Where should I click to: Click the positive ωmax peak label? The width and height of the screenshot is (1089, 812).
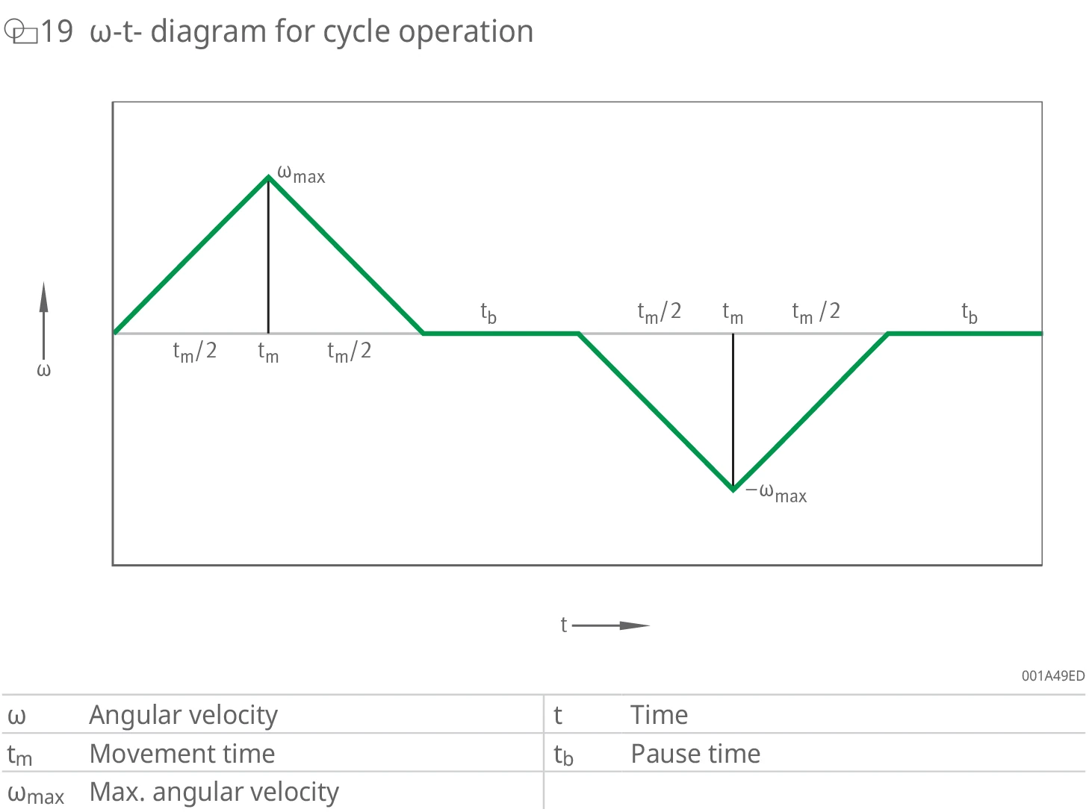(x=301, y=174)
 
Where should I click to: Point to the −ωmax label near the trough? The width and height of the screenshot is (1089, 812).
(x=776, y=493)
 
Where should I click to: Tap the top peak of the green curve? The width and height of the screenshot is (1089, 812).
(x=268, y=176)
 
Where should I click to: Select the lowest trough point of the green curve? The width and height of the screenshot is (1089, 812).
(x=733, y=490)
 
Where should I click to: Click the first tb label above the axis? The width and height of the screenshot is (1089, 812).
(x=488, y=313)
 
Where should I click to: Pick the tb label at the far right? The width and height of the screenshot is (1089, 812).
(x=969, y=313)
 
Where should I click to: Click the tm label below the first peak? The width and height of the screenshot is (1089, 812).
(x=268, y=352)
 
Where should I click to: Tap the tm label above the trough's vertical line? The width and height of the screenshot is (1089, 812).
(x=733, y=313)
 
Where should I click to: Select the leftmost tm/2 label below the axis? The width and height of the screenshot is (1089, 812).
(x=195, y=352)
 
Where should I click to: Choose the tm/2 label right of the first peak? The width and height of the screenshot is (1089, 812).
(x=350, y=352)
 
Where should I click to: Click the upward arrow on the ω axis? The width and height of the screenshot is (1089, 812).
(x=43, y=321)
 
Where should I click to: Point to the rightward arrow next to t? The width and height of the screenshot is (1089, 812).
(x=611, y=625)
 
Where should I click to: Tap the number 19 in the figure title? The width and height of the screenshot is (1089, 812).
(x=57, y=31)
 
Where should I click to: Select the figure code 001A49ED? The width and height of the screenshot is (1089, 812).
(x=1053, y=675)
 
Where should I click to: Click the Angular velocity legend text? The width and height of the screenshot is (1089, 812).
(x=184, y=715)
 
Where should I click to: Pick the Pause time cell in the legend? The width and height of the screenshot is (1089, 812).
(x=695, y=754)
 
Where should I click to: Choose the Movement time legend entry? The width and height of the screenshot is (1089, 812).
(x=182, y=754)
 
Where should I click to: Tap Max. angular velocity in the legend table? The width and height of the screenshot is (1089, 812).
(x=214, y=792)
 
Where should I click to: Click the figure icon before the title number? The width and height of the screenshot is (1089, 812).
(x=21, y=31)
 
